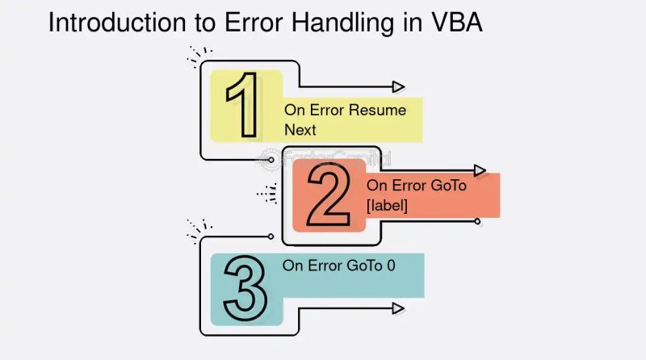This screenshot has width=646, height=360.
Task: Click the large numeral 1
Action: (243, 106)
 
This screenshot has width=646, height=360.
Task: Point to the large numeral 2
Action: (329, 195)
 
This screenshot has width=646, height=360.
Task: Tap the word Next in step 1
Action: (300, 129)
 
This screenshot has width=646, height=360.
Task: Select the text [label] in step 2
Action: (387, 206)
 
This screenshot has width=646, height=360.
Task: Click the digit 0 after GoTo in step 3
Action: (391, 265)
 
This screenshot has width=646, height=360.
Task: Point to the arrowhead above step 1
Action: (398, 86)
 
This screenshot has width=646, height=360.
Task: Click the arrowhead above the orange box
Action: (480, 170)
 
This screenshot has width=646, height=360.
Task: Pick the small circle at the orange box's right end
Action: (477, 221)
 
